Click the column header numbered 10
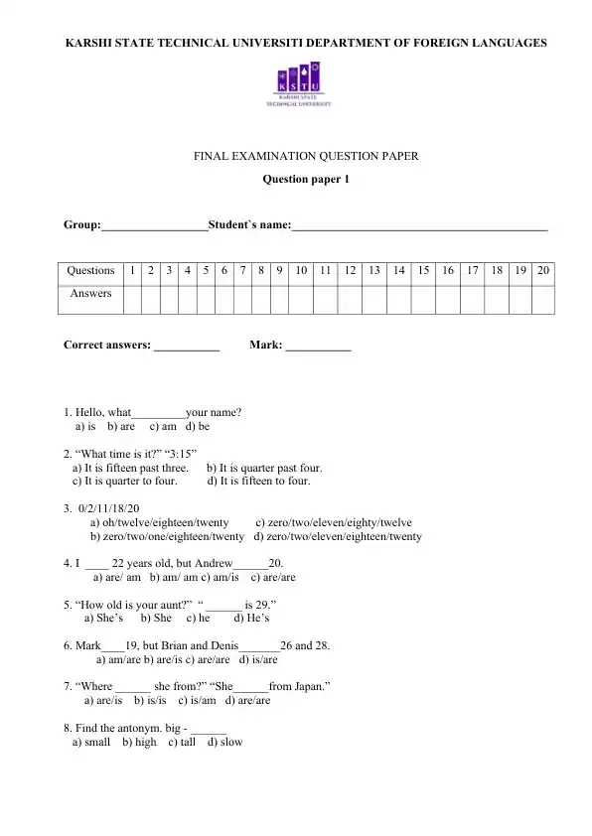(300, 270)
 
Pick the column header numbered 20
(543, 270)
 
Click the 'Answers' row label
(90, 294)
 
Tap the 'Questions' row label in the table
(90, 270)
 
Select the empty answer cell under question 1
(131, 298)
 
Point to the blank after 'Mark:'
(319, 348)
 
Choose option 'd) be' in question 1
(198, 427)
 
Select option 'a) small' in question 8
(91, 742)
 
